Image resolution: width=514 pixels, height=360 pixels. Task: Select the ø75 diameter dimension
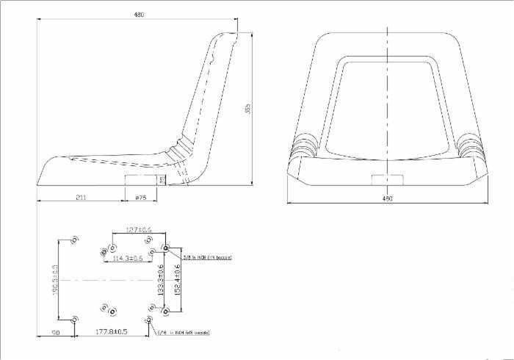click(x=141, y=197)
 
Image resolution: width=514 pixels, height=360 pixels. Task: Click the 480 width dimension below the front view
click(x=388, y=198)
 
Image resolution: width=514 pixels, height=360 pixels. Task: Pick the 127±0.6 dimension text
click(x=139, y=231)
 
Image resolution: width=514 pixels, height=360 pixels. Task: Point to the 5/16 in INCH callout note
click(x=183, y=333)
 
